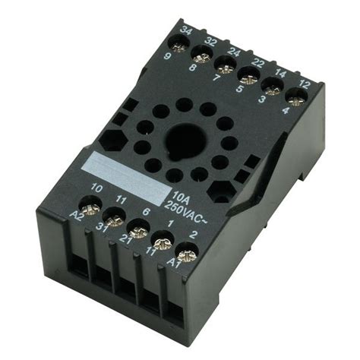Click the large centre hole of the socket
(x=185, y=141)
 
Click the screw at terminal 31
(x=115, y=220)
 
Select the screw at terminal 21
(x=137, y=230)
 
